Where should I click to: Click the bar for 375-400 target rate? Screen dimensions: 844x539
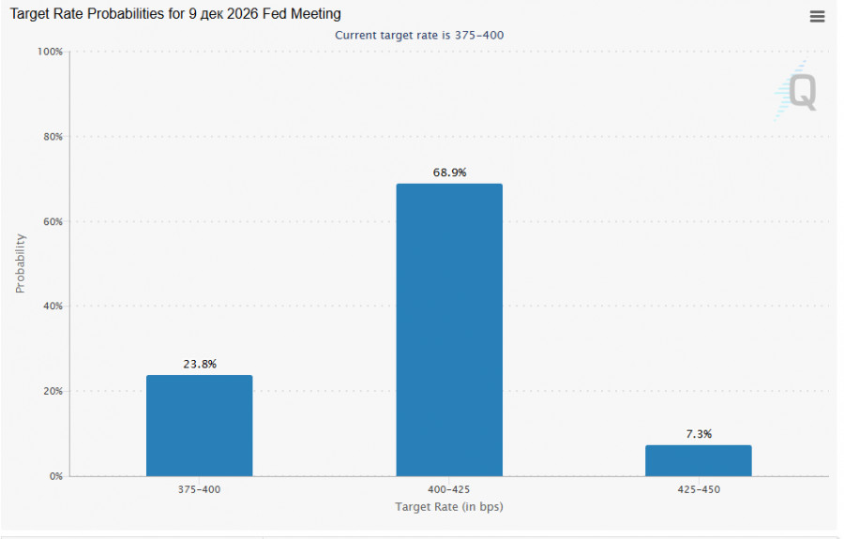[199, 426]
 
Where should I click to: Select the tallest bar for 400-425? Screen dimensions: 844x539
[449, 330]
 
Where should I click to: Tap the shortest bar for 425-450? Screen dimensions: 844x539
[699, 460]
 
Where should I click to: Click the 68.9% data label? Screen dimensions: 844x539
[449, 172]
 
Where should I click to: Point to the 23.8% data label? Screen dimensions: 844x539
[200, 364]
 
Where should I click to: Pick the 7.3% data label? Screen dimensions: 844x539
[699, 434]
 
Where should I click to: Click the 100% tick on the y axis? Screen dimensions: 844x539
[50, 52]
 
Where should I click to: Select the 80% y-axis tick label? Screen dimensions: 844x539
[53, 137]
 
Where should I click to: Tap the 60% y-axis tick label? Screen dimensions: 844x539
[53, 221]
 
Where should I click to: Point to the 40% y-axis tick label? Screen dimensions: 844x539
[53, 307]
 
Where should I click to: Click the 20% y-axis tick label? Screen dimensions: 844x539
[53, 391]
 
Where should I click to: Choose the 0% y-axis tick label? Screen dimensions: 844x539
[56, 476]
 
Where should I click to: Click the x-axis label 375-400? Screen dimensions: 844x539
[199, 489]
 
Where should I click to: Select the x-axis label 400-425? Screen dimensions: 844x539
[449, 489]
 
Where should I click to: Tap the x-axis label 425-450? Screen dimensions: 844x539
[699, 489]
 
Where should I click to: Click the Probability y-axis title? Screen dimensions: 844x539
[20, 263]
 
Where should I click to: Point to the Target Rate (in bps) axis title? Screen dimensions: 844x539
[449, 507]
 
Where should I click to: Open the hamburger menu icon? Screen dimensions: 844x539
[817, 17]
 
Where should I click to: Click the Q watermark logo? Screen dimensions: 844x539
[797, 90]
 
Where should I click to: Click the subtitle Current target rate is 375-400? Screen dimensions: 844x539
[419, 36]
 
